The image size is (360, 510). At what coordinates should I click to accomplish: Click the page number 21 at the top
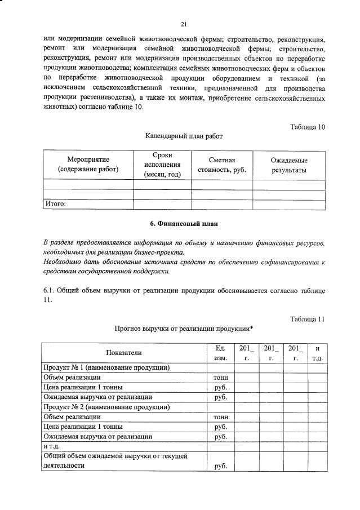coord(184,24)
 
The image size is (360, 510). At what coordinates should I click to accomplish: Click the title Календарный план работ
coord(184,136)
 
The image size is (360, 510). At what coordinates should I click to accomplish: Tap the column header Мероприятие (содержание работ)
coord(88,165)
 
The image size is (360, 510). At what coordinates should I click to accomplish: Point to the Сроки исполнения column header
coord(162,165)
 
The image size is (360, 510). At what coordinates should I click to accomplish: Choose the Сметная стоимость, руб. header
coord(221,165)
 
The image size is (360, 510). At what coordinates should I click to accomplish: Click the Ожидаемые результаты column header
coord(289,165)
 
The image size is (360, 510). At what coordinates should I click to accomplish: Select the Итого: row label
coord(55,204)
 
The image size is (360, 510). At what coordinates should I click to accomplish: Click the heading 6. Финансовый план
coord(184,224)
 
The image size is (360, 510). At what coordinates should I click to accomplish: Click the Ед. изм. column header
coord(220,353)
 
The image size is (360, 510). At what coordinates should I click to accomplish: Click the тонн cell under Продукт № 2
coord(220,417)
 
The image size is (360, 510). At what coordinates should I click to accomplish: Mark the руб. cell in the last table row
coord(220,466)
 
